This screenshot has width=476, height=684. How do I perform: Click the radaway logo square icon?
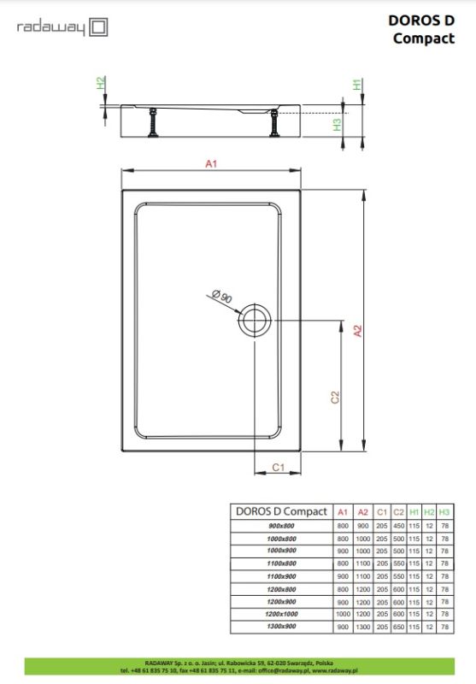click(98, 28)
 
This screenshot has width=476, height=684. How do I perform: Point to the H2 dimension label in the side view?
click(100, 84)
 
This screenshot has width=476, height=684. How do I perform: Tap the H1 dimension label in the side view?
click(356, 84)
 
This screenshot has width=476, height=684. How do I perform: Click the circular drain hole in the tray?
click(255, 321)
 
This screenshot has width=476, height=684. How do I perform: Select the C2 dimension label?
click(335, 398)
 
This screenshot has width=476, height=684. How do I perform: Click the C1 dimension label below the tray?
click(278, 465)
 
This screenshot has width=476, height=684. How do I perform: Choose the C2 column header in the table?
click(398, 511)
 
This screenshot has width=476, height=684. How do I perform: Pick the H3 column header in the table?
click(444, 511)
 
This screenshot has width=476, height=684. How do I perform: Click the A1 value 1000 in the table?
click(342, 615)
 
